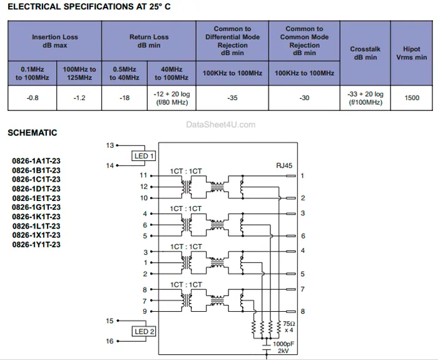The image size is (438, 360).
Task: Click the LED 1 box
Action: coord(144,155)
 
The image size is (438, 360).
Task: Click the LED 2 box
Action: coord(144,331)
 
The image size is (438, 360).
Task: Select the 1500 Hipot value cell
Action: coord(412,98)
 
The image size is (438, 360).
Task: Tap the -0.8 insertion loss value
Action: coord(32,98)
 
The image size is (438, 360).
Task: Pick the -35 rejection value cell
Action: coord(232,98)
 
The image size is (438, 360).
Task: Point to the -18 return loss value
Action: coord(125,98)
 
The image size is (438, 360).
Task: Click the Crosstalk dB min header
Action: coord(365,53)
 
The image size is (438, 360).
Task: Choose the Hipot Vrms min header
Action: coord(412,53)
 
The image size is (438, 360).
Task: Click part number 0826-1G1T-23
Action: coord(36,207)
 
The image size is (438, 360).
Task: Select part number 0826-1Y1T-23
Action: coord(36,244)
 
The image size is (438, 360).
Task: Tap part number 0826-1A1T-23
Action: coord(36,161)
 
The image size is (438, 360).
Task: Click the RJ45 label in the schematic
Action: coord(284,167)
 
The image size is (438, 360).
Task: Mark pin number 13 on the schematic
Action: coord(110,145)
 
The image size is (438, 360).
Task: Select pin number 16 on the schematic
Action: coord(110,341)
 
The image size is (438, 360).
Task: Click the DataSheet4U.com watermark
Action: coord(221,125)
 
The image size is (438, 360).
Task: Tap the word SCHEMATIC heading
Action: coord(32,133)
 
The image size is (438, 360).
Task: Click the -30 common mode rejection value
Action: coord(304,98)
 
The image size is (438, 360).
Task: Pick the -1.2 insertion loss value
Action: coord(79,98)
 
